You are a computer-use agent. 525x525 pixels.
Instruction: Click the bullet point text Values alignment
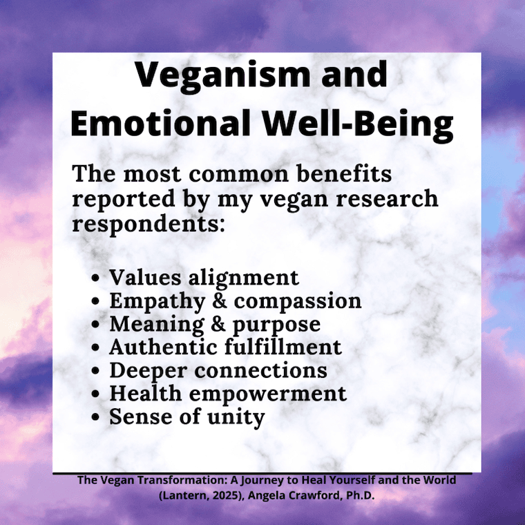(x=204, y=278)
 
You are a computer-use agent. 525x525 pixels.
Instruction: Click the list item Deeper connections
(x=218, y=370)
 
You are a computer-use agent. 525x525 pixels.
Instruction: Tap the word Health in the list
(x=142, y=394)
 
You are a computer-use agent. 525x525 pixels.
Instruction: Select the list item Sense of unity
(x=187, y=417)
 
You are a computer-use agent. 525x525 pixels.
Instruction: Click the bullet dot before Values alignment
(x=97, y=279)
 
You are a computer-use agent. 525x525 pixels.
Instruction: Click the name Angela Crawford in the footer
(x=305, y=494)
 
